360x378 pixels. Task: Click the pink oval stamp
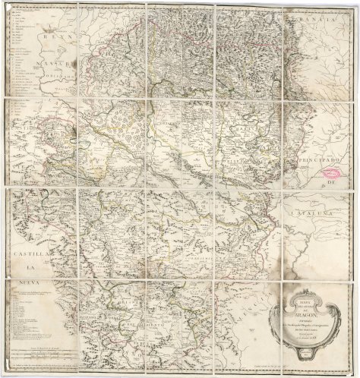332,172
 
